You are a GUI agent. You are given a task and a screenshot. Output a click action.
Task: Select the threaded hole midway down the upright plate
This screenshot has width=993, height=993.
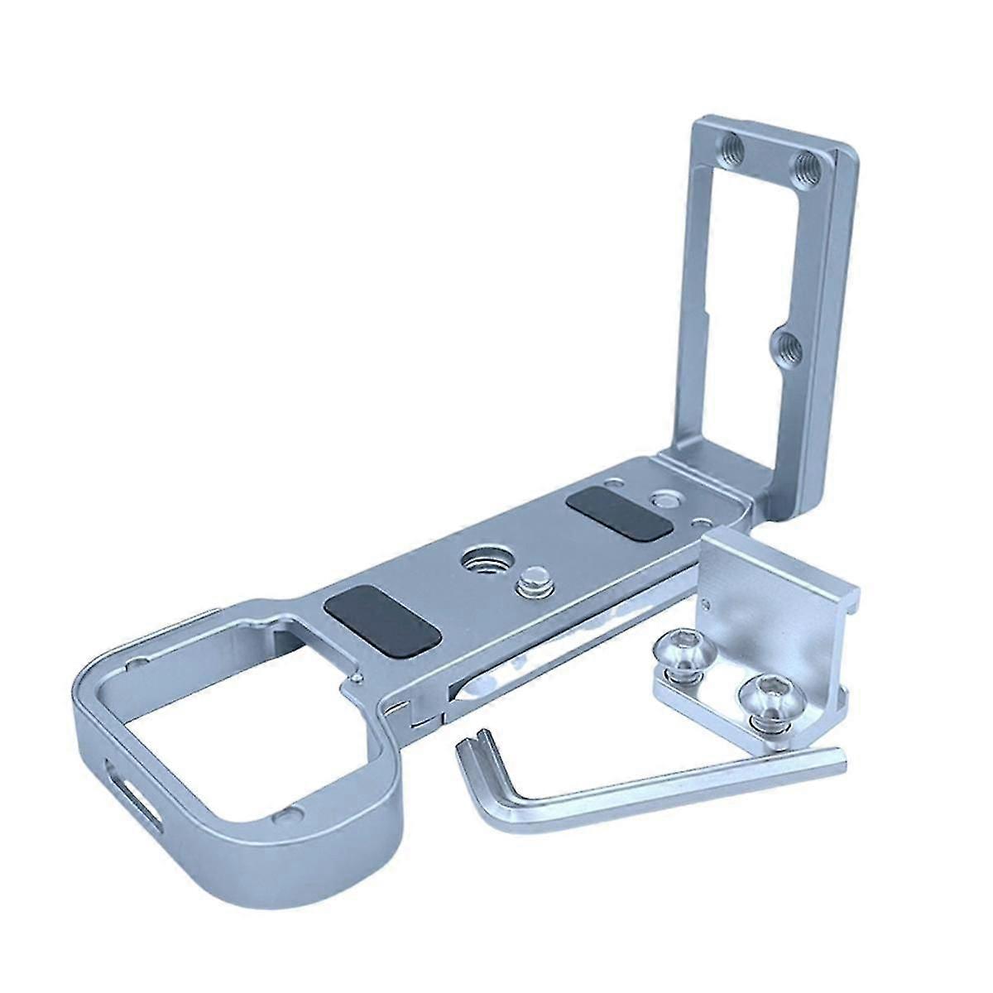(x=786, y=341)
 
